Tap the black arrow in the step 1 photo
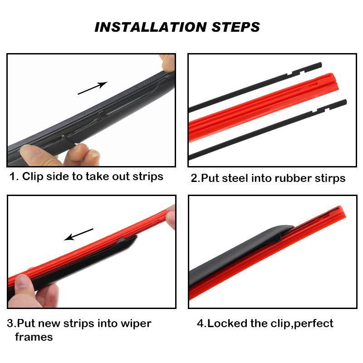[92, 88]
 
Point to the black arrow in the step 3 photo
[79, 234]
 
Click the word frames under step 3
[34, 337]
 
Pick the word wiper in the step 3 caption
[136, 324]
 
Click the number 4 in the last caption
[200, 324]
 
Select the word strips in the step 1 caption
[148, 176]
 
